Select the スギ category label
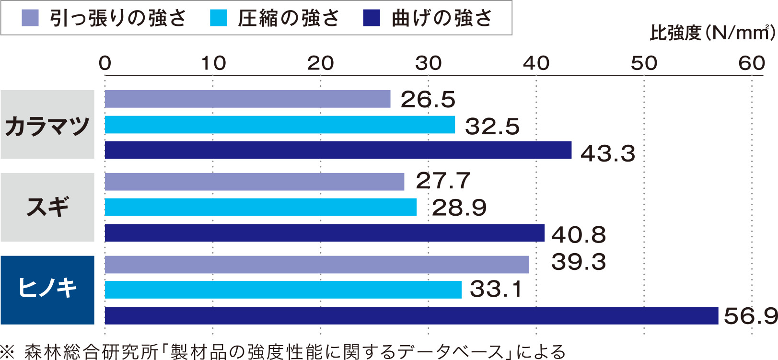[x=47, y=207]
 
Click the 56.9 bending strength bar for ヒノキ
[x=411, y=315]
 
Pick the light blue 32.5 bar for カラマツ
[x=279, y=125]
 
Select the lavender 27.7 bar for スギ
[x=254, y=182]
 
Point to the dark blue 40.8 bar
[x=325, y=233]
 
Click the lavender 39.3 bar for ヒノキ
[x=316, y=265]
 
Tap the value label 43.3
[x=608, y=154]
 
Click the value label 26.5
[x=428, y=100]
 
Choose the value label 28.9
[x=459, y=208]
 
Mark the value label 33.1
[x=496, y=289]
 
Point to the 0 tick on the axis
[x=105, y=63]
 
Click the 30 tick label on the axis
[x=428, y=63]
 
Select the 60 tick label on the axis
[x=751, y=63]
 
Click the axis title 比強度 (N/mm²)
[x=712, y=33]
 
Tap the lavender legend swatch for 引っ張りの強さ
[x=30, y=18]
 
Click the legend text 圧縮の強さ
[x=288, y=18]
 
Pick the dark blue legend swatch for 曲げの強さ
[x=372, y=18]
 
